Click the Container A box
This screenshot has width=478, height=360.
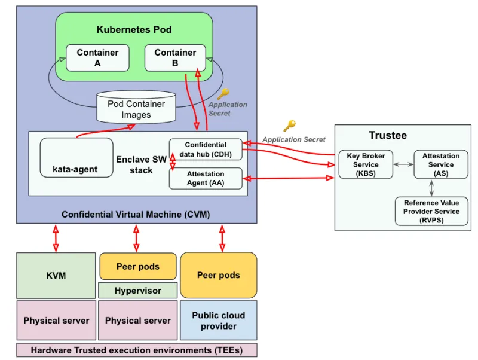[x=97, y=57]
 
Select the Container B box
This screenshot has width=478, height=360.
[x=175, y=57]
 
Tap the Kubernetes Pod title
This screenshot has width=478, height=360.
[x=134, y=29]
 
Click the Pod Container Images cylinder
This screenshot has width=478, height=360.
[x=136, y=108]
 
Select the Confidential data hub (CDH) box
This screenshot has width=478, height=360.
[x=206, y=150]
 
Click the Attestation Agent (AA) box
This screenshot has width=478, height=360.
[x=206, y=178]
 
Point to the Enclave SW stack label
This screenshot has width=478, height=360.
[x=141, y=165]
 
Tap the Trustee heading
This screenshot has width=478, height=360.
[x=387, y=135]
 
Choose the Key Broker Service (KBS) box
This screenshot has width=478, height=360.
[x=366, y=164]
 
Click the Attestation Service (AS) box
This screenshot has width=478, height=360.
[x=441, y=164]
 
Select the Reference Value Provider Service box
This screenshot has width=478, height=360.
[x=431, y=211]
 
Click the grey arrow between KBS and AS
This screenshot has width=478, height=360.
[x=403, y=163]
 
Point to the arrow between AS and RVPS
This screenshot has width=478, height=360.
[x=432, y=188]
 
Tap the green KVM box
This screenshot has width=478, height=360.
[x=56, y=276]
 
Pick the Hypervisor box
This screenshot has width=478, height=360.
[x=138, y=291]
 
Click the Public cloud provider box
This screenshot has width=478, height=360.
[x=218, y=321]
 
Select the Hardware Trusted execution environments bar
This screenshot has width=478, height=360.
[x=136, y=350]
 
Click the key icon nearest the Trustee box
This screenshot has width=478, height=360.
[x=289, y=126]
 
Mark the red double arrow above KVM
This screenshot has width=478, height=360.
[x=56, y=238]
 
